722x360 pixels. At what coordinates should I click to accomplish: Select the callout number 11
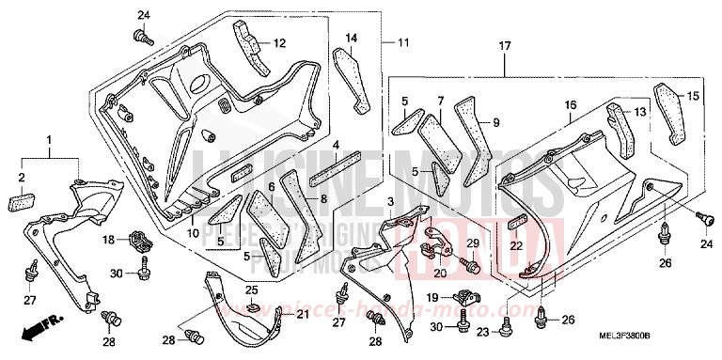tap(403, 43)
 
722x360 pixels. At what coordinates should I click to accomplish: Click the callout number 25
tap(252, 290)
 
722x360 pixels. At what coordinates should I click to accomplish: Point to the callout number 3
tap(389, 203)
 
